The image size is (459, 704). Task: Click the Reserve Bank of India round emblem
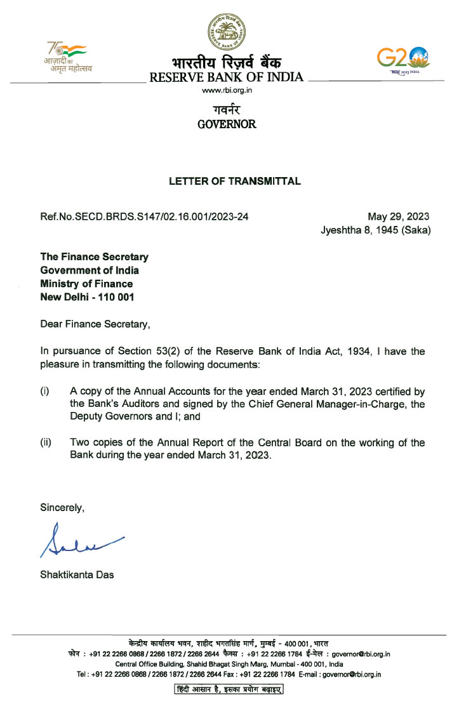(x=226, y=30)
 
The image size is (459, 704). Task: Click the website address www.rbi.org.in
(x=226, y=91)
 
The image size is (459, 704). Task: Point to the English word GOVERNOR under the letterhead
(x=227, y=124)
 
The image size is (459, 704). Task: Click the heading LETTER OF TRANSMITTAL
(x=235, y=182)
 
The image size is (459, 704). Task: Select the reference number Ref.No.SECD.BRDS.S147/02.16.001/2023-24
(x=144, y=217)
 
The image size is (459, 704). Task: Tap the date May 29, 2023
(x=399, y=217)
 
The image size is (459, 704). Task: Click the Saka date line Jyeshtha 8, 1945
(x=376, y=230)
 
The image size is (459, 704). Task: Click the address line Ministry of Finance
(x=87, y=284)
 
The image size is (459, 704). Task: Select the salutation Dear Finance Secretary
(x=96, y=325)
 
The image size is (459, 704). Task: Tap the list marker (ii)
(x=46, y=442)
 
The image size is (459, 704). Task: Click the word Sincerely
(x=62, y=507)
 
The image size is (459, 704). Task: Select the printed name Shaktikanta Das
(x=77, y=575)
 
